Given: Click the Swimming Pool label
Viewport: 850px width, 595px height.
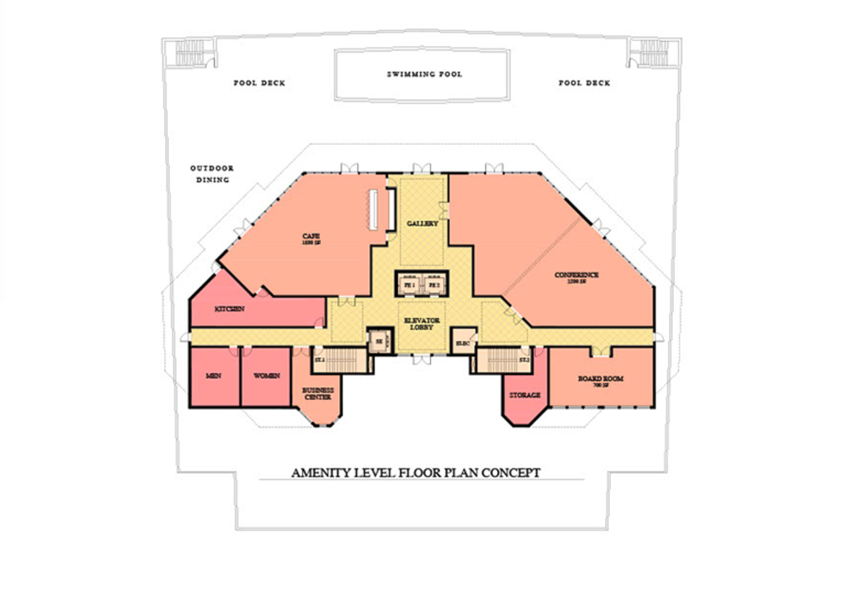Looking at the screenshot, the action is (x=424, y=74).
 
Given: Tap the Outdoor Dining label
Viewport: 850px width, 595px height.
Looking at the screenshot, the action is (x=212, y=174).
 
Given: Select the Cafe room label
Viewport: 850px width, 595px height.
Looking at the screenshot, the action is (x=311, y=239).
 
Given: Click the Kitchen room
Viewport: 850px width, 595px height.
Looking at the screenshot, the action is (x=229, y=309).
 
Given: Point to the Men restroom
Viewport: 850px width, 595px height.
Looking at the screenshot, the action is (x=214, y=376).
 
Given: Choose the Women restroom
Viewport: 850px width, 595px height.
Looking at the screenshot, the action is (x=266, y=376).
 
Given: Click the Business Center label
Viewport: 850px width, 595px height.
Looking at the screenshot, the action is (x=318, y=393).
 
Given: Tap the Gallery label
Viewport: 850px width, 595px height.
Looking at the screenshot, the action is (x=422, y=223).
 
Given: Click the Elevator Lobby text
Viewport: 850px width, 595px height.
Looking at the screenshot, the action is (x=422, y=324).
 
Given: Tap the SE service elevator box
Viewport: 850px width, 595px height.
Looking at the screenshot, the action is (x=379, y=341).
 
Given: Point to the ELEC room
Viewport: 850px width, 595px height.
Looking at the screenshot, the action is (x=463, y=343).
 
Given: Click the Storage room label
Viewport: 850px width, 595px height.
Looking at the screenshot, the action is (x=525, y=395).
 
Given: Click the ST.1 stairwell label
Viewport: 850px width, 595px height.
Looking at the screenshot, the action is (x=319, y=360).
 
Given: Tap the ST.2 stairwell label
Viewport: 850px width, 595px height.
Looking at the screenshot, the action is (x=524, y=360).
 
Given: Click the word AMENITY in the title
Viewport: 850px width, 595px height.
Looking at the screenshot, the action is (x=321, y=473).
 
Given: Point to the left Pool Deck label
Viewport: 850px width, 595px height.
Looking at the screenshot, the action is (x=259, y=83).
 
